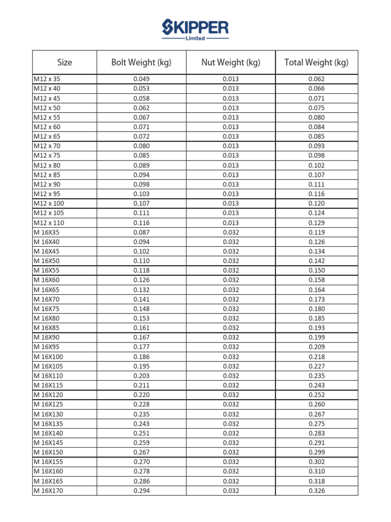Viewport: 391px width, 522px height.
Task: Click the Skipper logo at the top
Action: pos(195,28)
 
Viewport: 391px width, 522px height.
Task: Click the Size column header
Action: pos(65,63)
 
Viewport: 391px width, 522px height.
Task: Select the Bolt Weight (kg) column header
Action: pos(142,63)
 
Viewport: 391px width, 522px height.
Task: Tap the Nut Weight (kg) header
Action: pos(231,63)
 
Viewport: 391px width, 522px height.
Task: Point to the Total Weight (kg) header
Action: pos(316,63)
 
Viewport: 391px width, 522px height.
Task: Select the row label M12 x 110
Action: pos(48,223)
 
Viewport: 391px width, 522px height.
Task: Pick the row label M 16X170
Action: pos(48,491)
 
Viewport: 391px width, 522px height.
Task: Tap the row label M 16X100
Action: pos(48,357)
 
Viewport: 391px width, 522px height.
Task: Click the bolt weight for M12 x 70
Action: pos(142,146)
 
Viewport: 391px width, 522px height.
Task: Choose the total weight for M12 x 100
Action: pos(316,203)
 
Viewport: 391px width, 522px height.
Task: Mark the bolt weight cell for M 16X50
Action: pos(142,261)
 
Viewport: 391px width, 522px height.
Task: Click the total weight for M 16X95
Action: pos(316,347)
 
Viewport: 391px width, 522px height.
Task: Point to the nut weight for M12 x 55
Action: pos(231,117)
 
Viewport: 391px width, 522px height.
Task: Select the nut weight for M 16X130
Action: pos(231,414)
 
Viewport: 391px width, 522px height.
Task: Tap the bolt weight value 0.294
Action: pos(142,491)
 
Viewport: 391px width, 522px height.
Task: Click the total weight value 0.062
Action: pos(316,79)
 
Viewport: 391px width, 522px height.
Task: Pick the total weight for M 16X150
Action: pos(316,453)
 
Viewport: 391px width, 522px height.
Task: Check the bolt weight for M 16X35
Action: pos(142,232)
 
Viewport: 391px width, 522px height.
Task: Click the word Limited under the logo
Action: pos(195,38)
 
